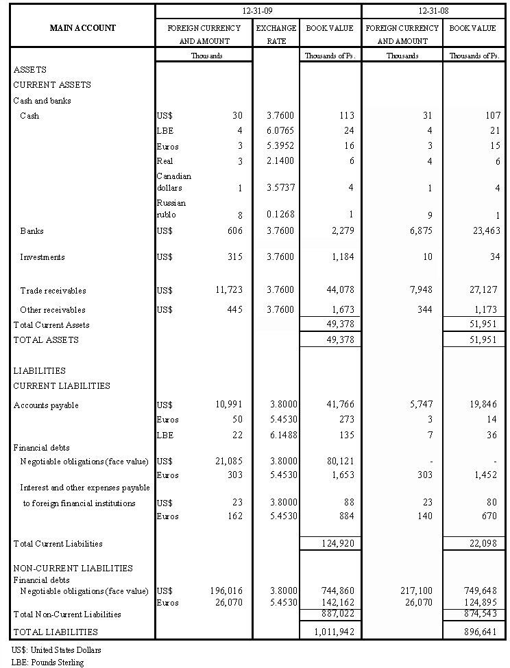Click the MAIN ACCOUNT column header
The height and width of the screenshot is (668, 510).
coord(83,28)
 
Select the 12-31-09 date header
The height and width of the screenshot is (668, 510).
coord(258,12)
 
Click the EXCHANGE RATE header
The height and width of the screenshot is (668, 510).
coord(276,34)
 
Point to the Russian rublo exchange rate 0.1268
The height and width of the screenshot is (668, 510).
coord(281,215)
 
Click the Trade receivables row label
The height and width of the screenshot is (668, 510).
coord(53,291)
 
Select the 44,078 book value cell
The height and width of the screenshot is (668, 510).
coord(339,291)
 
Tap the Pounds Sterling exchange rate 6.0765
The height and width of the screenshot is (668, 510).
coord(281,130)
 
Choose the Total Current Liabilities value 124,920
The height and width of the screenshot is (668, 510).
coord(336,544)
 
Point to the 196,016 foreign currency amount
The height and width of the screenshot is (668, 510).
coord(226,591)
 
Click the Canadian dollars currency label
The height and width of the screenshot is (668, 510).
coord(174,182)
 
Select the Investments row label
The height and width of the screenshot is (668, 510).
coord(42,257)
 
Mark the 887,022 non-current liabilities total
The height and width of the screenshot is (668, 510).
coord(336,615)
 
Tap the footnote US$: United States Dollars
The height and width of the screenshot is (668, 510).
coord(51,649)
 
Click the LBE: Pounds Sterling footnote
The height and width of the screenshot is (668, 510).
coord(48,663)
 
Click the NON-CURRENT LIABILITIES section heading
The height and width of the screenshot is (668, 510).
coord(73,569)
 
